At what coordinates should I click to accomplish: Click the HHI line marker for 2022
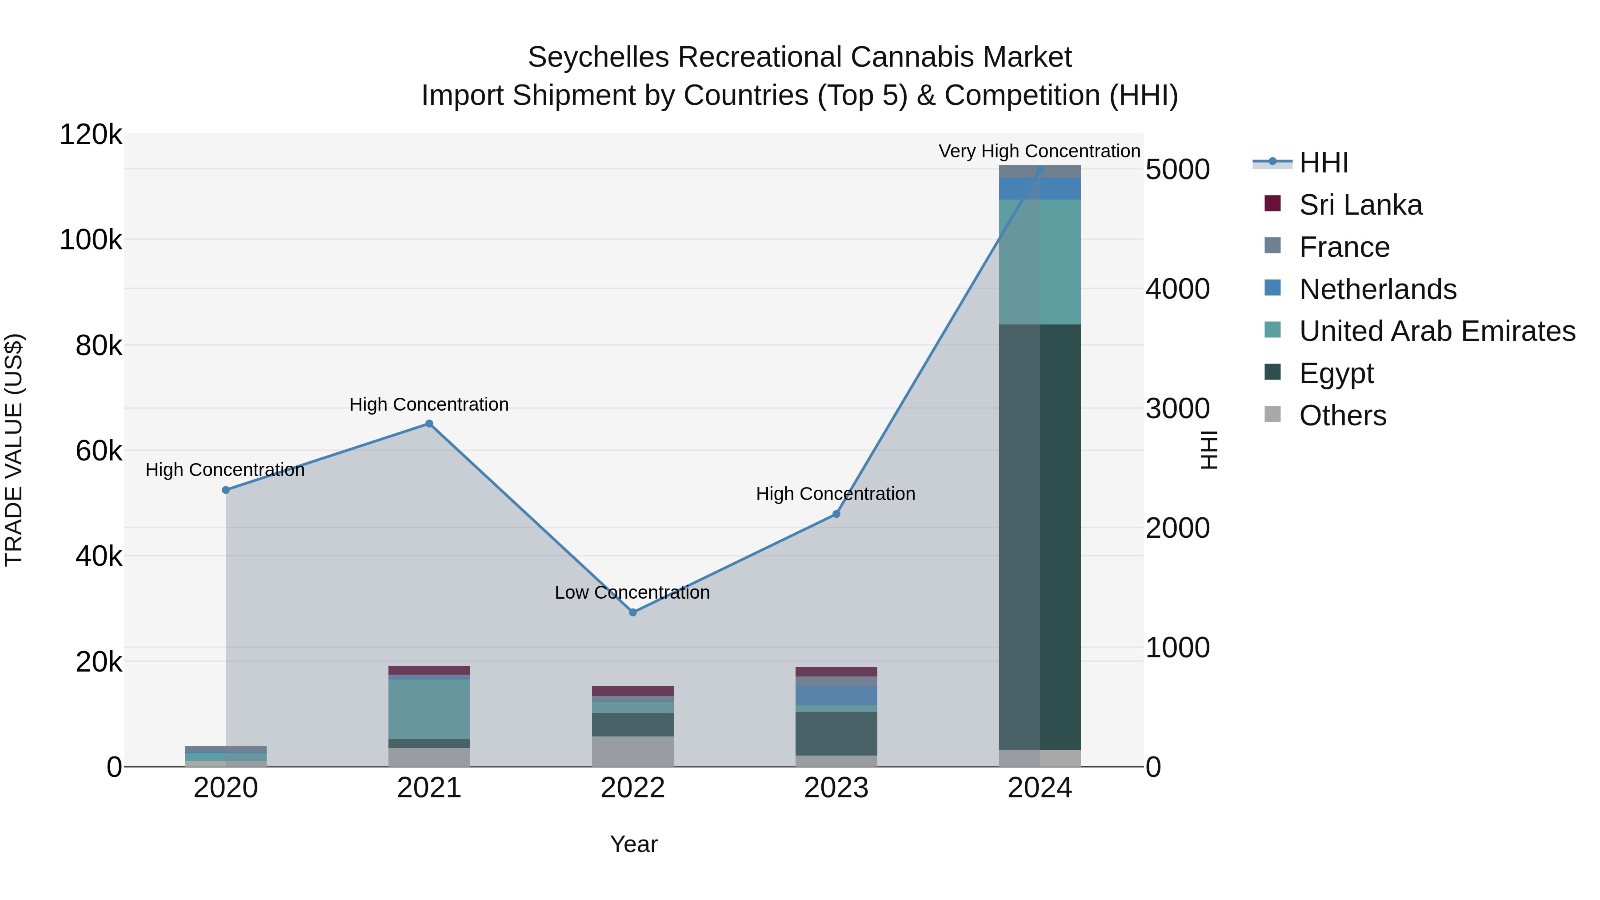pyautogui.click(x=632, y=612)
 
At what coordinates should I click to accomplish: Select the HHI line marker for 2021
pyautogui.click(x=428, y=424)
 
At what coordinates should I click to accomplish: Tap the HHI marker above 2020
pyautogui.click(x=225, y=490)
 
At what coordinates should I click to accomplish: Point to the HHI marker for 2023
pyautogui.click(x=836, y=514)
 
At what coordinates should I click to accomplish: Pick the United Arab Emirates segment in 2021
pyautogui.click(x=428, y=709)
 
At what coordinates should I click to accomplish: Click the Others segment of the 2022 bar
pyautogui.click(x=632, y=751)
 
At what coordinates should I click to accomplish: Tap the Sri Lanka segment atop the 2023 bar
pyautogui.click(x=836, y=672)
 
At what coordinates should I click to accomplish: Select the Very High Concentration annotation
pyautogui.click(x=1039, y=151)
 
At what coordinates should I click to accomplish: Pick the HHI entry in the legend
pyautogui.click(x=1323, y=163)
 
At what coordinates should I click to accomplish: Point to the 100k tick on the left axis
pyautogui.click(x=91, y=240)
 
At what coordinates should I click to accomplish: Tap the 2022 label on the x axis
pyautogui.click(x=632, y=788)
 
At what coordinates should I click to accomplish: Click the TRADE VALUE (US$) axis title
pyautogui.click(x=14, y=450)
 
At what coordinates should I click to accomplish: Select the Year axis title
pyautogui.click(x=633, y=844)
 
